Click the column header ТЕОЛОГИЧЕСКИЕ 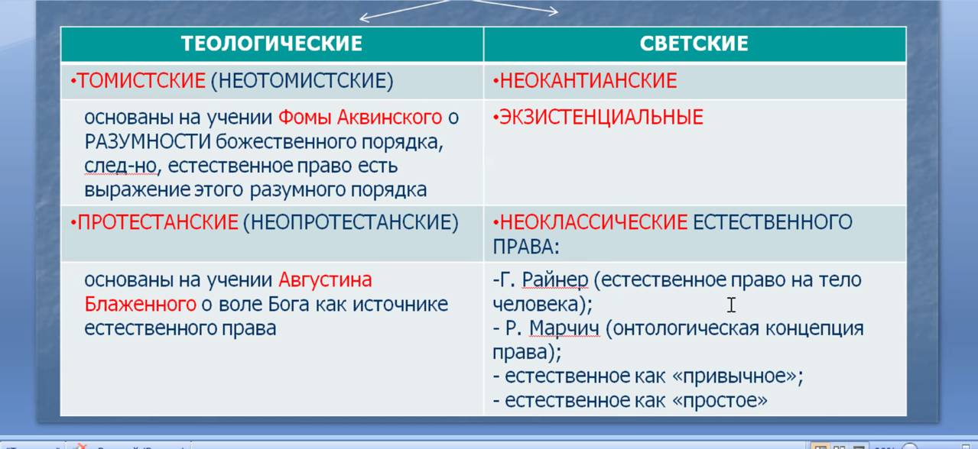[x=271, y=44]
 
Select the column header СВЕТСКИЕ [x=694, y=44]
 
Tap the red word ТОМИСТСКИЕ [x=141, y=81]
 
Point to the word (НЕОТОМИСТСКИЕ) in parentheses [x=302, y=81]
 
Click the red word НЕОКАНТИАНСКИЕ [x=588, y=81]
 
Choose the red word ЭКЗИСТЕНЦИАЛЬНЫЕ [x=601, y=117]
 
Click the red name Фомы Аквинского [x=360, y=118]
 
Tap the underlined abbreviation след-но [x=121, y=166]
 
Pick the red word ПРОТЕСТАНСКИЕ [x=158, y=222]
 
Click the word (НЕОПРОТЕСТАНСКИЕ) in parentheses [x=351, y=223]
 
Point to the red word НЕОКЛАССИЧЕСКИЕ [x=593, y=222]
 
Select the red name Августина [x=325, y=280]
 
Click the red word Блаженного [x=140, y=304]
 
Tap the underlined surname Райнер [x=555, y=280]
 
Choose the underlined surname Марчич [x=564, y=328]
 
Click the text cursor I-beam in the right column [x=731, y=305]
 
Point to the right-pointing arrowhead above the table [x=554, y=11]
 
